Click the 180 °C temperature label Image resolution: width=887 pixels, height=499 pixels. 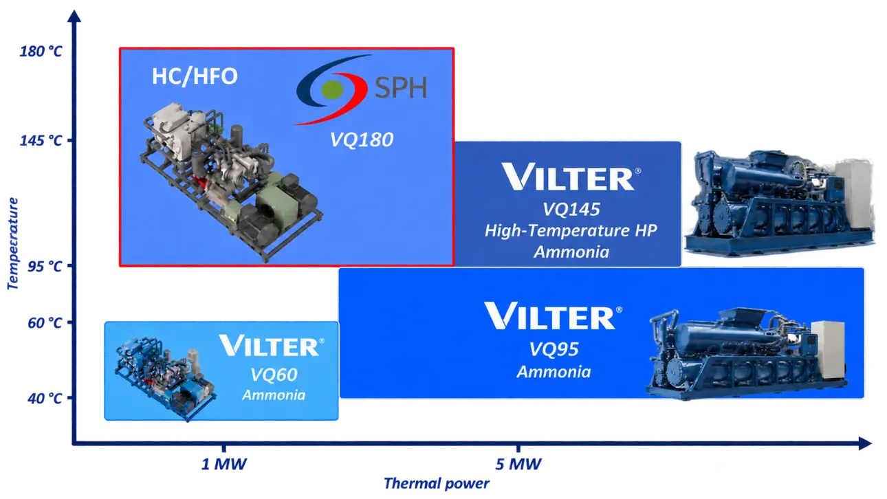point(41,52)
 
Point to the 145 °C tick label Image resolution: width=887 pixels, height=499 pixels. point(41,140)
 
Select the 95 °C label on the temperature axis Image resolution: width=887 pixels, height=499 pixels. point(45,267)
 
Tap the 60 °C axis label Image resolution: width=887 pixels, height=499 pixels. point(45,323)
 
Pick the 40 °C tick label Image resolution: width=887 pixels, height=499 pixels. point(45,398)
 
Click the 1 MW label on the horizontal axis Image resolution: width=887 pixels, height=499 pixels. point(224,464)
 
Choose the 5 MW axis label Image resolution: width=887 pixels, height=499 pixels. point(518,464)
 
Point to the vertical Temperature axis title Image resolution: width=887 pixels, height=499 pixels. point(12,243)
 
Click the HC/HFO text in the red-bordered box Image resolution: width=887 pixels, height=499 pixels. point(195,76)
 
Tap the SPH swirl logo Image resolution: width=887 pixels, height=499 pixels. point(333,89)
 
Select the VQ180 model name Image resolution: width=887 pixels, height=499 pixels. point(362,140)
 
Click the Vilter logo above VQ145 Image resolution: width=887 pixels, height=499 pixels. point(571,177)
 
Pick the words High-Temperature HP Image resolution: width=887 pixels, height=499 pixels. point(571,231)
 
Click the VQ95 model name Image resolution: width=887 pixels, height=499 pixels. point(554,349)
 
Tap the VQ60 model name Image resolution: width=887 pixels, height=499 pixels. point(274,375)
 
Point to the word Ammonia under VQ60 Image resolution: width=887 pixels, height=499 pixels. point(274,395)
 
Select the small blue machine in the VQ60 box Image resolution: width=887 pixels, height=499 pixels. point(166,378)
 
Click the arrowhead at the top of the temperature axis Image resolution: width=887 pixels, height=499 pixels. point(74,16)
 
